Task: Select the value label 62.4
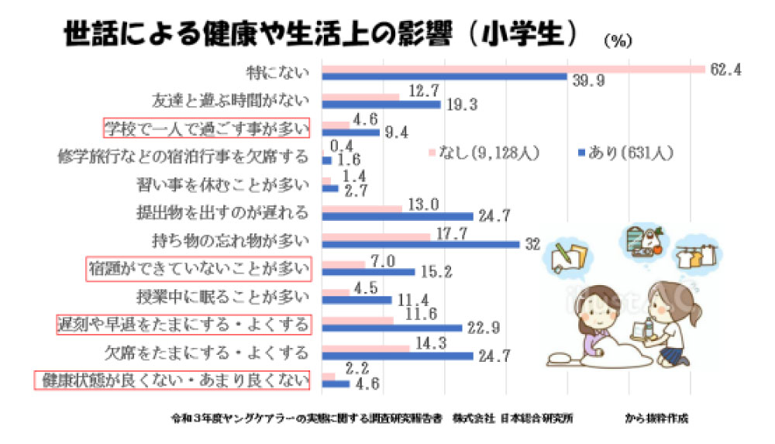tap(726, 70)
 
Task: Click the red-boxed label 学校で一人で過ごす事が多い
tap(207, 128)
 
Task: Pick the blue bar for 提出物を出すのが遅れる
tap(397, 216)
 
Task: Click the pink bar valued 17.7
tap(376, 236)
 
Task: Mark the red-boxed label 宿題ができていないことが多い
tap(198, 269)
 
